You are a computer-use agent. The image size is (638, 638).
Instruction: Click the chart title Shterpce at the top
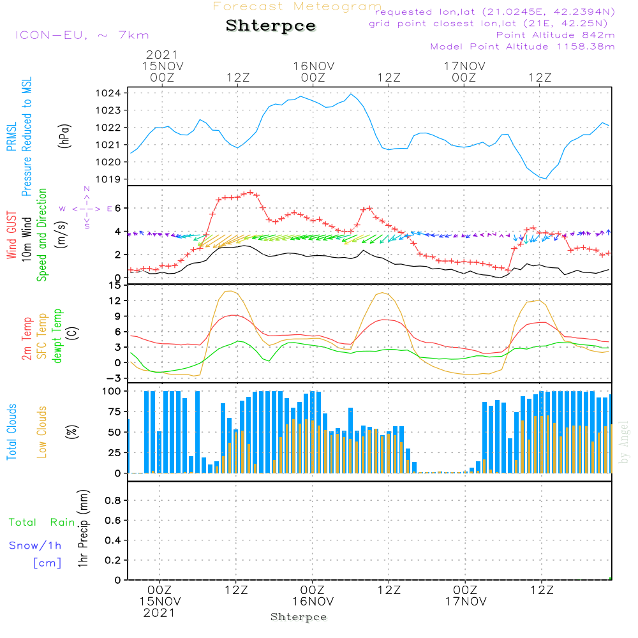[271, 26]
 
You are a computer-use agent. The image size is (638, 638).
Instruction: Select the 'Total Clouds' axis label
[11, 432]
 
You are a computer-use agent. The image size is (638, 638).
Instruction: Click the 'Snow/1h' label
[35, 545]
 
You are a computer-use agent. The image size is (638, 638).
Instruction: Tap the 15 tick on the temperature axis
[115, 285]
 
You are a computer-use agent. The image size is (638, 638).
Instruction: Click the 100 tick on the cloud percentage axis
[112, 390]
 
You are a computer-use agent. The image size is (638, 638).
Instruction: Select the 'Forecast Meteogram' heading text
[297, 6]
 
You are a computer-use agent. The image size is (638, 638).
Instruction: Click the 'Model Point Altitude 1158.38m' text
[523, 47]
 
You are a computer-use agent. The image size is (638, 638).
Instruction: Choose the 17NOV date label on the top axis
[464, 66]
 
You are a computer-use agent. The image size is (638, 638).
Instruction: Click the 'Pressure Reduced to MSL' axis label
[27, 137]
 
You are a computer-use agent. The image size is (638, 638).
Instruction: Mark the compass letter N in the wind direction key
[87, 189]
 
